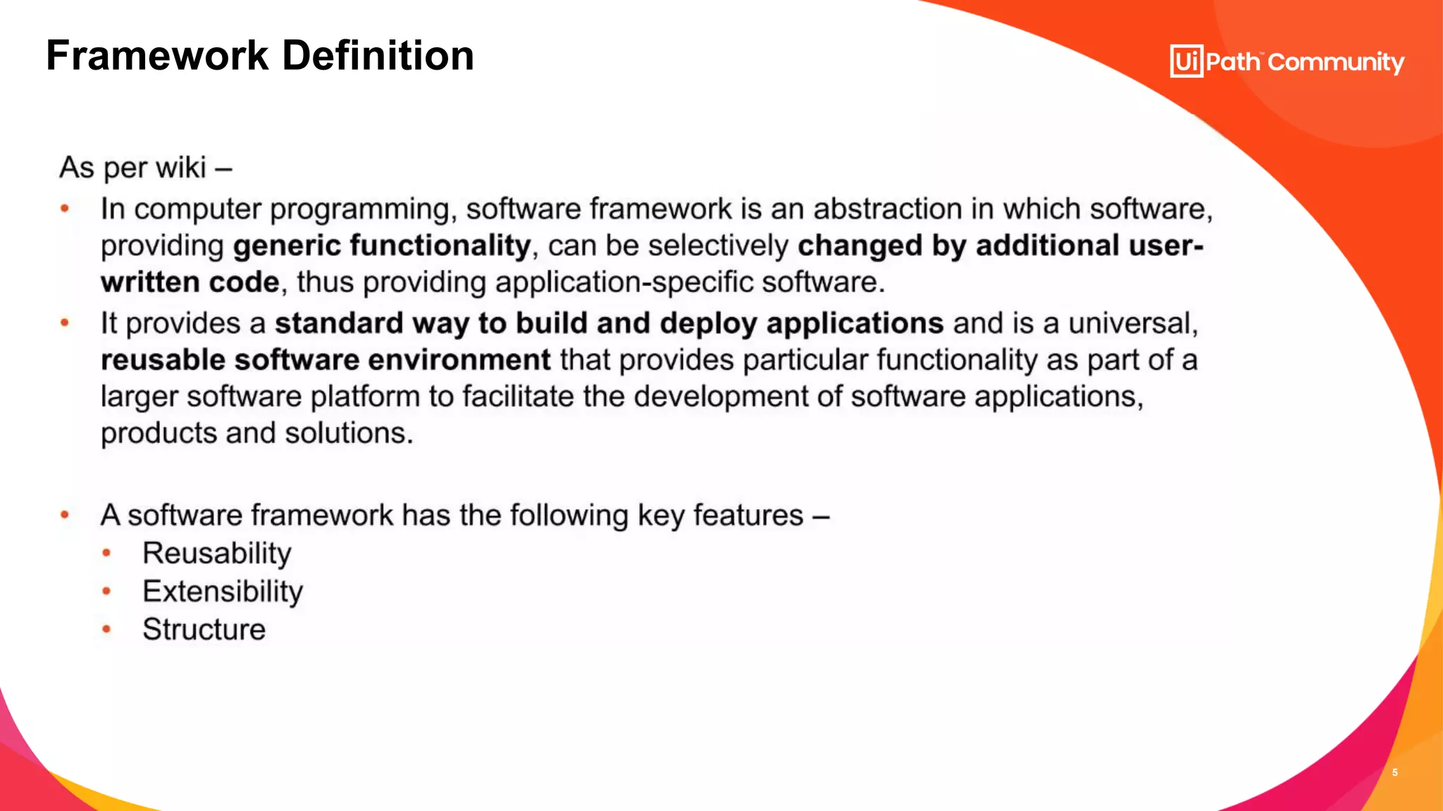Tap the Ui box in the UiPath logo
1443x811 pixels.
pos(1187,61)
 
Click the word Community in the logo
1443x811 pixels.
pos(1336,63)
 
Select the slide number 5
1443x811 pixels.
pos(1394,772)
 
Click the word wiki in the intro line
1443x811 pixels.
pos(181,168)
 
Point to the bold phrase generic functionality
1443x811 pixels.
pos(381,246)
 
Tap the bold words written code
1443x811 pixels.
pos(190,282)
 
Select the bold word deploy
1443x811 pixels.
pos(709,323)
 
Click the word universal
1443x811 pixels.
pos(1132,323)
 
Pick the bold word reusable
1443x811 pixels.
pos(163,360)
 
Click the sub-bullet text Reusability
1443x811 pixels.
pos(216,553)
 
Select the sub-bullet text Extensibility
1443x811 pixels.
pos(222,591)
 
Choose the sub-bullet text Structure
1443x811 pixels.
pos(204,629)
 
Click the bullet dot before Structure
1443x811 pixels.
pos(106,629)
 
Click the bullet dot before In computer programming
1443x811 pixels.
pos(65,208)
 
